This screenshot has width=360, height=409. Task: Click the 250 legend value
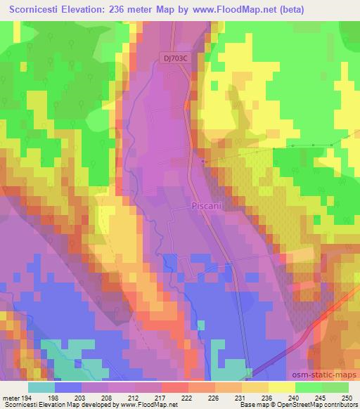pos(342,397)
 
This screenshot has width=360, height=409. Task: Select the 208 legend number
pos(105,397)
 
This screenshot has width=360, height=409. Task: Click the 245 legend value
pos(316,397)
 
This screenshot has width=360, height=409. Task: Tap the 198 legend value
pos(53,397)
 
